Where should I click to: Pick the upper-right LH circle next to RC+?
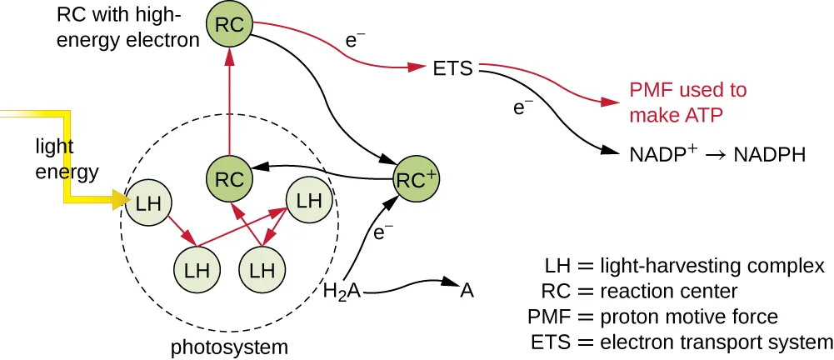[308, 201]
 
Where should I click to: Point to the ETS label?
[452, 68]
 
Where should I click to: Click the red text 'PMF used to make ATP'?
[687, 102]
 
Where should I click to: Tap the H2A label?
[341, 292]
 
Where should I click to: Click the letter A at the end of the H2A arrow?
[467, 289]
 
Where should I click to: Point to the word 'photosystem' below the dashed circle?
[229, 346]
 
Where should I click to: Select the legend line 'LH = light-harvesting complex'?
[683, 266]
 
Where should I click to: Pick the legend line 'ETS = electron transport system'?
[682, 342]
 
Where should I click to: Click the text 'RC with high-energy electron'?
[125, 27]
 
